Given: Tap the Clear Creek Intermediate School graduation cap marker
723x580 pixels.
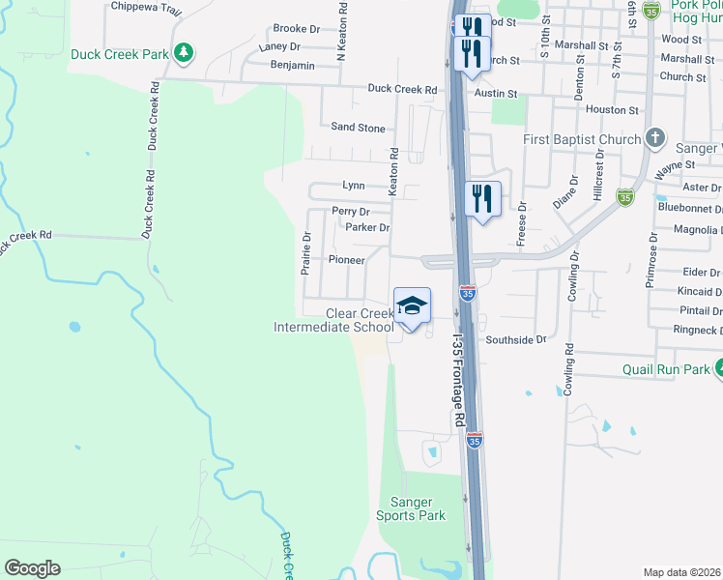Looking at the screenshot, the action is (412, 305).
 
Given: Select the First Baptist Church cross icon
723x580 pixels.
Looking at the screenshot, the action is (655, 138).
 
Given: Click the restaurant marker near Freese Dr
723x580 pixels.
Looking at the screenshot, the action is (481, 199).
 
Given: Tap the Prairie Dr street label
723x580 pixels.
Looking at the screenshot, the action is (305, 253).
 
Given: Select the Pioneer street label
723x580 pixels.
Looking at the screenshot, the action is (346, 260).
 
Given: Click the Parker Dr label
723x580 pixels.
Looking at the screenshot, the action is (367, 228).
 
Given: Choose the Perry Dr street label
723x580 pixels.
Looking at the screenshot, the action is (350, 211).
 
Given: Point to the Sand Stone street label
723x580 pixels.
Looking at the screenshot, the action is (358, 128).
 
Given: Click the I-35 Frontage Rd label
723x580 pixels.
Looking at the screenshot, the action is (460, 381).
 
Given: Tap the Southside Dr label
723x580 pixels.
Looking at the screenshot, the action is (516, 340).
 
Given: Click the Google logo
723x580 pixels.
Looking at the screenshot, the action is (32, 568).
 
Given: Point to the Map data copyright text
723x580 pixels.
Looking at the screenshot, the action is (682, 572).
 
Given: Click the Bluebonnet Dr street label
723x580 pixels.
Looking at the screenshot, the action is (689, 208).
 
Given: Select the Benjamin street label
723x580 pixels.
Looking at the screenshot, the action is (293, 65).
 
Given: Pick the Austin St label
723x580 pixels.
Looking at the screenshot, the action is (496, 94).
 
